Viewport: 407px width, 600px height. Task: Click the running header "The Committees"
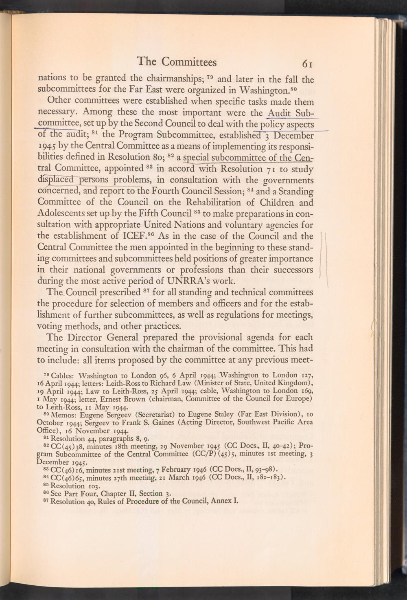pyautogui.click(x=177, y=62)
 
